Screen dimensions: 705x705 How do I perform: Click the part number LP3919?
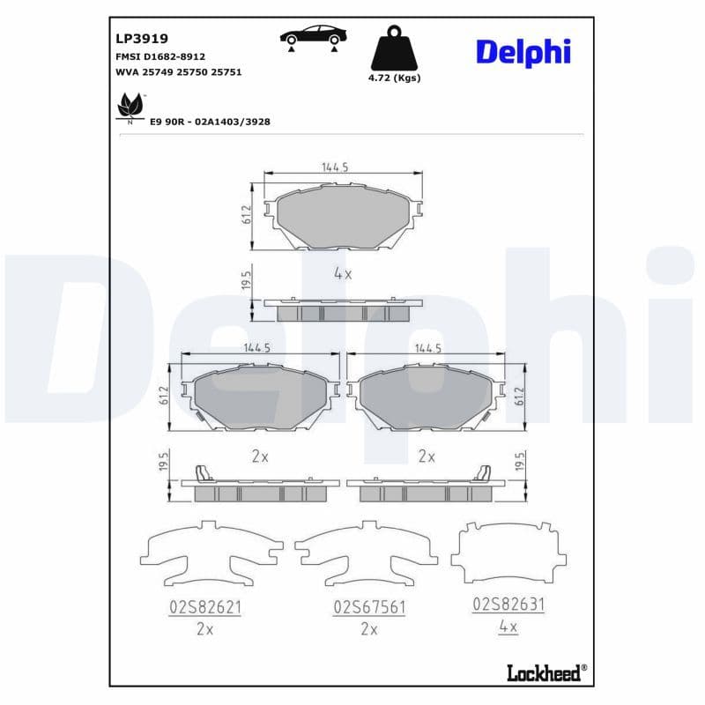tap(142, 39)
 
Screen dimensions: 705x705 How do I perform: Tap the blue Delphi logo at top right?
tap(523, 51)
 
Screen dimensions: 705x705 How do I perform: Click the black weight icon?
tap(394, 49)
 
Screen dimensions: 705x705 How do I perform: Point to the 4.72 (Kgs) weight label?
tap(394, 78)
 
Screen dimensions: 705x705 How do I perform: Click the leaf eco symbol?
tap(130, 106)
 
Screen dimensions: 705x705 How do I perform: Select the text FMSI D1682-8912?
tap(160, 56)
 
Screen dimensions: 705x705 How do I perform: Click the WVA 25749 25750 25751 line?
tap(179, 71)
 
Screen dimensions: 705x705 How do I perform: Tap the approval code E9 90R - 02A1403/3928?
tap(210, 122)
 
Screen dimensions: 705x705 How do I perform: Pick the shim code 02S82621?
tap(204, 607)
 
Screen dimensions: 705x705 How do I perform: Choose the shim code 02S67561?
tap(368, 607)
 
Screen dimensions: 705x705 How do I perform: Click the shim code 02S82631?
tap(508, 605)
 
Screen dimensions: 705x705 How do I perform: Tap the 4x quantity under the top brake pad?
tap(343, 274)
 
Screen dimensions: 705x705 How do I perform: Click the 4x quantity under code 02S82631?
tap(508, 627)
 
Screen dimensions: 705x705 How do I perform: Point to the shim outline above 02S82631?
tap(508, 553)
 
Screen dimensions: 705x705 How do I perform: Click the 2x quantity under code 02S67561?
tap(368, 629)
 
